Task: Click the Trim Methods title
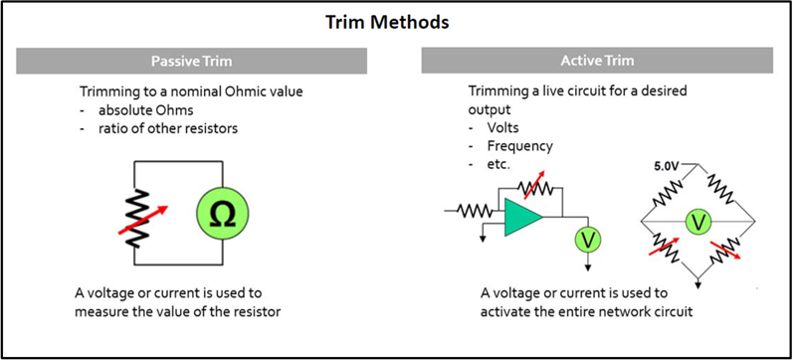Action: [387, 23]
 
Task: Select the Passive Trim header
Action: [191, 62]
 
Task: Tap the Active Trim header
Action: [597, 61]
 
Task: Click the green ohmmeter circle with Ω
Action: [223, 216]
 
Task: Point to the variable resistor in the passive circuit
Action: [137, 219]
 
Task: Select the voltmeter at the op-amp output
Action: [588, 240]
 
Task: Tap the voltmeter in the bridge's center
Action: [698, 222]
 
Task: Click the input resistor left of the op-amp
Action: [475, 210]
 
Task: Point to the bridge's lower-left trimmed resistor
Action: [665, 247]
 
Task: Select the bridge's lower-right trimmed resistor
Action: [723, 251]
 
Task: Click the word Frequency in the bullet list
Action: [519, 146]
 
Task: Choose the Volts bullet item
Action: [503, 127]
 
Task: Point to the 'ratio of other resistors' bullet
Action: [168, 129]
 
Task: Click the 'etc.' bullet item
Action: [498, 165]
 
